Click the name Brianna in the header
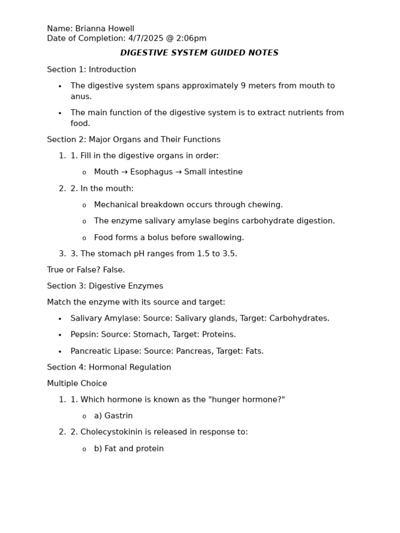coord(90,29)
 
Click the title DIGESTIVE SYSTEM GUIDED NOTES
coord(199,53)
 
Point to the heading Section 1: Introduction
coord(91,70)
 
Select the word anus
coord(80,97)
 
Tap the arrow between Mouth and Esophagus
coord(124,172)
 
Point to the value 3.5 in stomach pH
coord(229,254)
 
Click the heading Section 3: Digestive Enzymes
coord(105,286)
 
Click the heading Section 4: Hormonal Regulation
coord(109,367)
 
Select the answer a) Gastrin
coord(113,416)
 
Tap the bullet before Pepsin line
coord(60,335)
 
